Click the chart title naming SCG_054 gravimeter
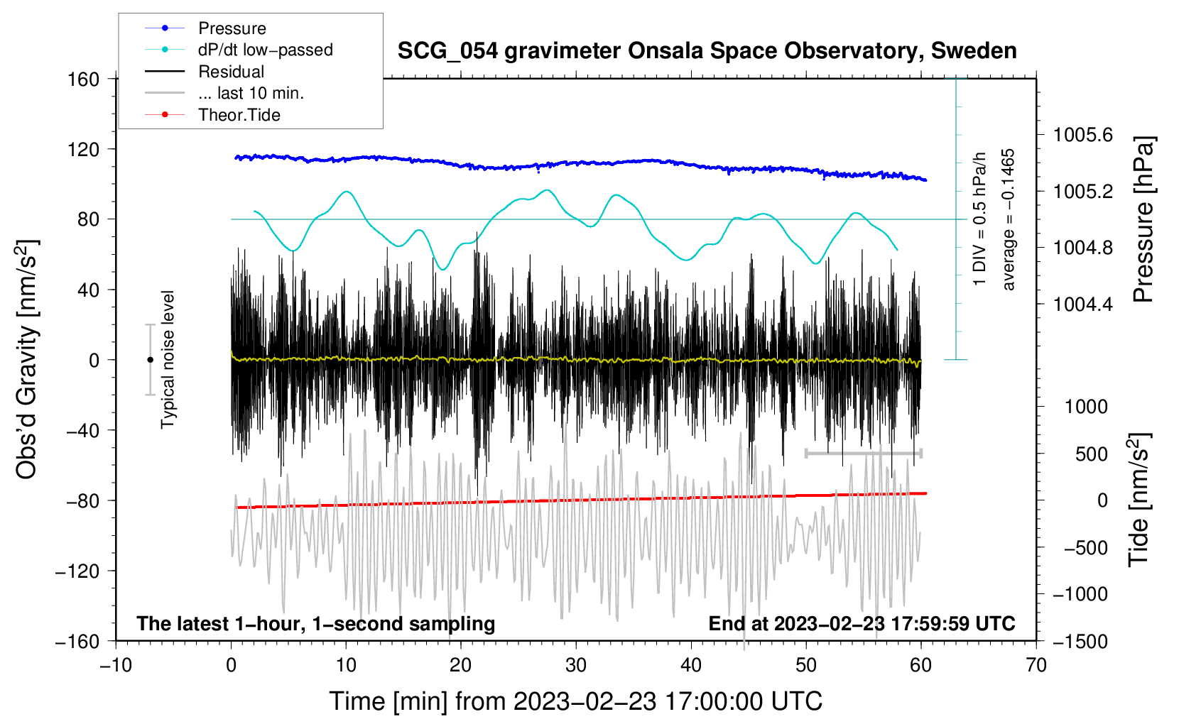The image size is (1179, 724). pos(707,51)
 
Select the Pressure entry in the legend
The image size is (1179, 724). pos(232,28)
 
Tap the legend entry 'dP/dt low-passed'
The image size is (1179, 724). pos(265,50)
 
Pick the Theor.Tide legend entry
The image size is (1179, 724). pos(239,115)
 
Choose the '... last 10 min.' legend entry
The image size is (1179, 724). pos(251,93)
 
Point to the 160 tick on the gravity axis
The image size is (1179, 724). pos(84,79)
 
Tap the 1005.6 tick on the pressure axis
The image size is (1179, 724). pos(1082,135)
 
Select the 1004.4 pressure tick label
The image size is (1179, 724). pos(1082,305)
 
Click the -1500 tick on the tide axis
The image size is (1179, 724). pos(1080,641)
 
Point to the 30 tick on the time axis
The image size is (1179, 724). pos(576,666)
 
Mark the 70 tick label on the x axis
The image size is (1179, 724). pos(1036,666)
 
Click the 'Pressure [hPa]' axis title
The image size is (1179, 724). pos(1143,219)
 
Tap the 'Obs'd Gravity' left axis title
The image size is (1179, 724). pos(27,359)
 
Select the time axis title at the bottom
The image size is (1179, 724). pos(576,701)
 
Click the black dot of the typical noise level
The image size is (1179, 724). pos(150,360)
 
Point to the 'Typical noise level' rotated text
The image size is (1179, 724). pos(168,359)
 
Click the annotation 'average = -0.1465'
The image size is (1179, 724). pos(1009,219)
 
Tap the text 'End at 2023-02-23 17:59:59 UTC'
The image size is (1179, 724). pos(862,623)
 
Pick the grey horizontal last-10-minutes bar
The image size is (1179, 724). pos(863,453)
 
